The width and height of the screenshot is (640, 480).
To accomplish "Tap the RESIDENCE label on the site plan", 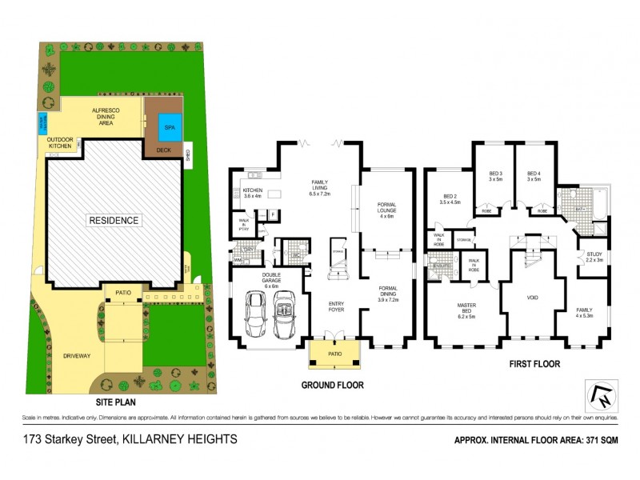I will [114, 220].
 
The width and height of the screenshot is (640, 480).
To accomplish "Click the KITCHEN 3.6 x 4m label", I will [252, 194].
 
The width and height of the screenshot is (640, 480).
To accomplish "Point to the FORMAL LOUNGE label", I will [387, 210].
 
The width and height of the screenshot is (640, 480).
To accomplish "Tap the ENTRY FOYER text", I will [335, 307].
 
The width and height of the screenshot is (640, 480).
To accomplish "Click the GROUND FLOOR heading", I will [333, 385].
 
